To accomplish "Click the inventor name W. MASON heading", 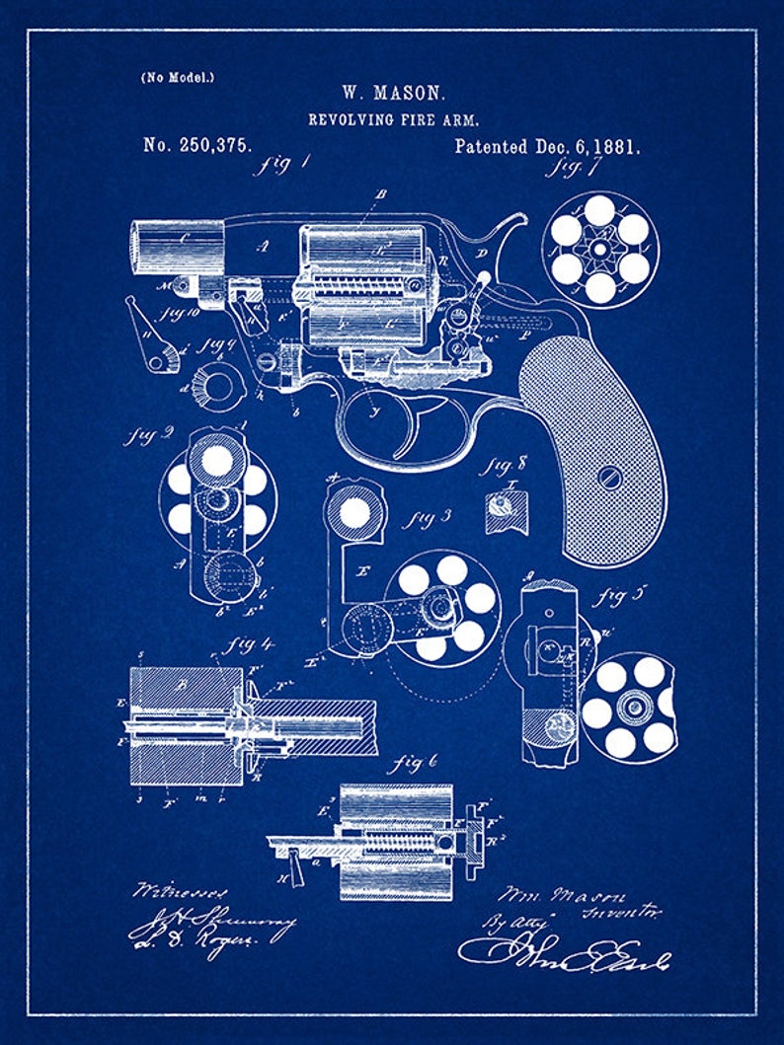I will [x=394, y=94].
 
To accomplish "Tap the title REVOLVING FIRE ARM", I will [x=394, y=119].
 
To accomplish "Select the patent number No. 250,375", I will [x=197, y=145].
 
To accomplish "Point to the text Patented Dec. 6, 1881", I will [x=547, y=147].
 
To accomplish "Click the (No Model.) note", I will [x=178, y=76].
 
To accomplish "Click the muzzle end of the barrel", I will [x=138, y=248].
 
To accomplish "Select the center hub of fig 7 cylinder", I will [x=599, y=249].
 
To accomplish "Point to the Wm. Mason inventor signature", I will [x=561, y=896].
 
